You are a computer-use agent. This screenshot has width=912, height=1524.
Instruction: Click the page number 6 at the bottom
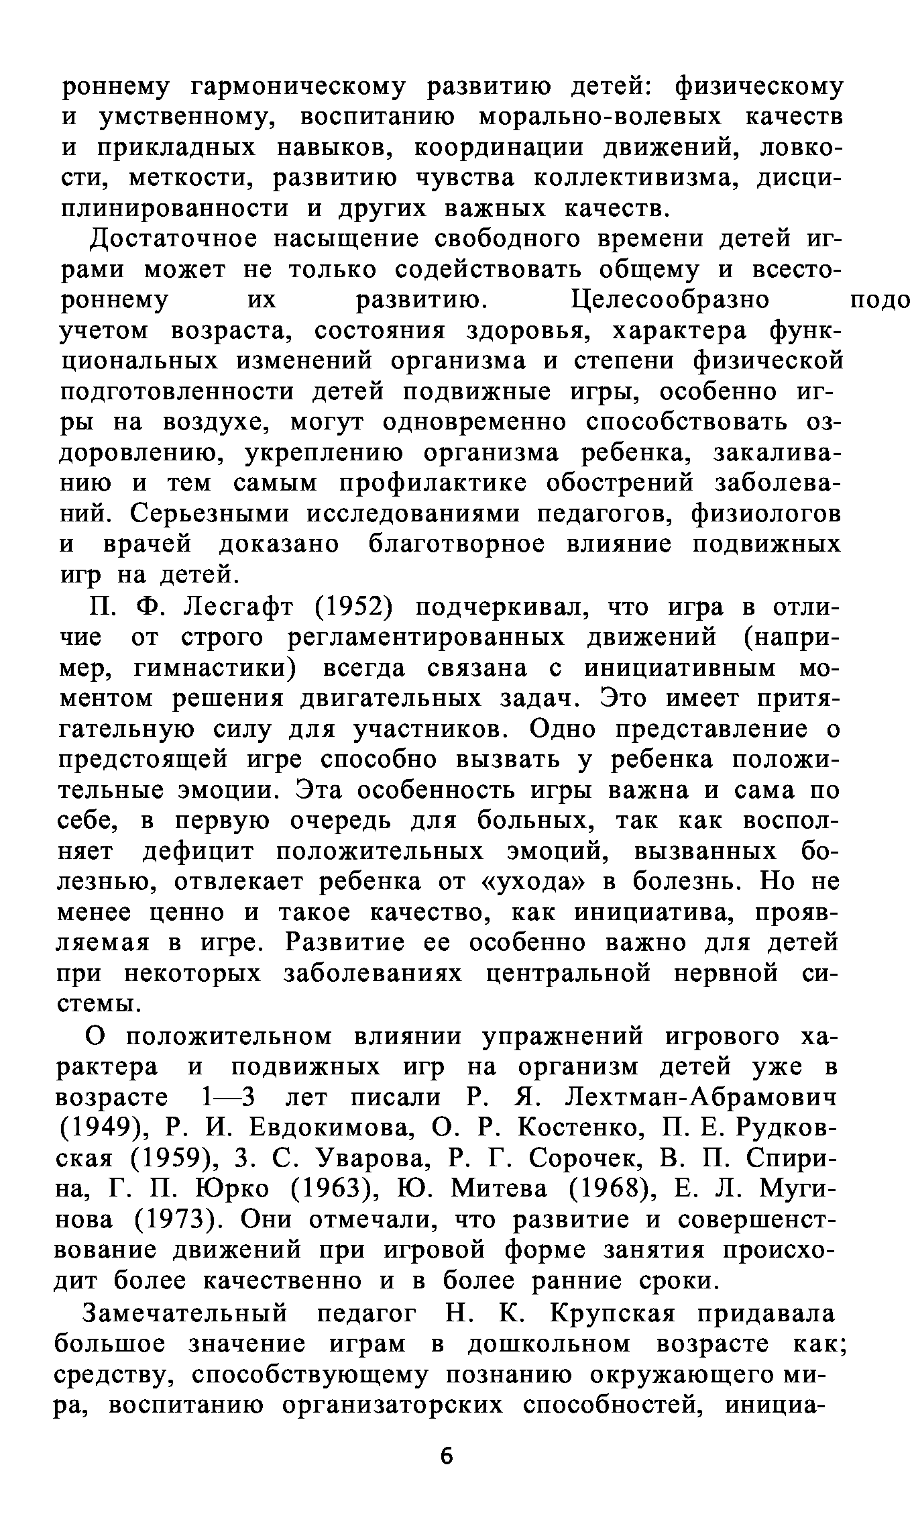(x=447, y=1457)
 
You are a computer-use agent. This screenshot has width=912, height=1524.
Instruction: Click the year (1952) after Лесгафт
(x=352, y=607)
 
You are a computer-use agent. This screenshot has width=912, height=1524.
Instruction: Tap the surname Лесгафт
(x=239, y=607)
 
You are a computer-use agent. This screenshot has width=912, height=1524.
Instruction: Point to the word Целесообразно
(x=671, y=300)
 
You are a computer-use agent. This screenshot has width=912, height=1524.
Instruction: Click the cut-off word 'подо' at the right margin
(x=878, y=300)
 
